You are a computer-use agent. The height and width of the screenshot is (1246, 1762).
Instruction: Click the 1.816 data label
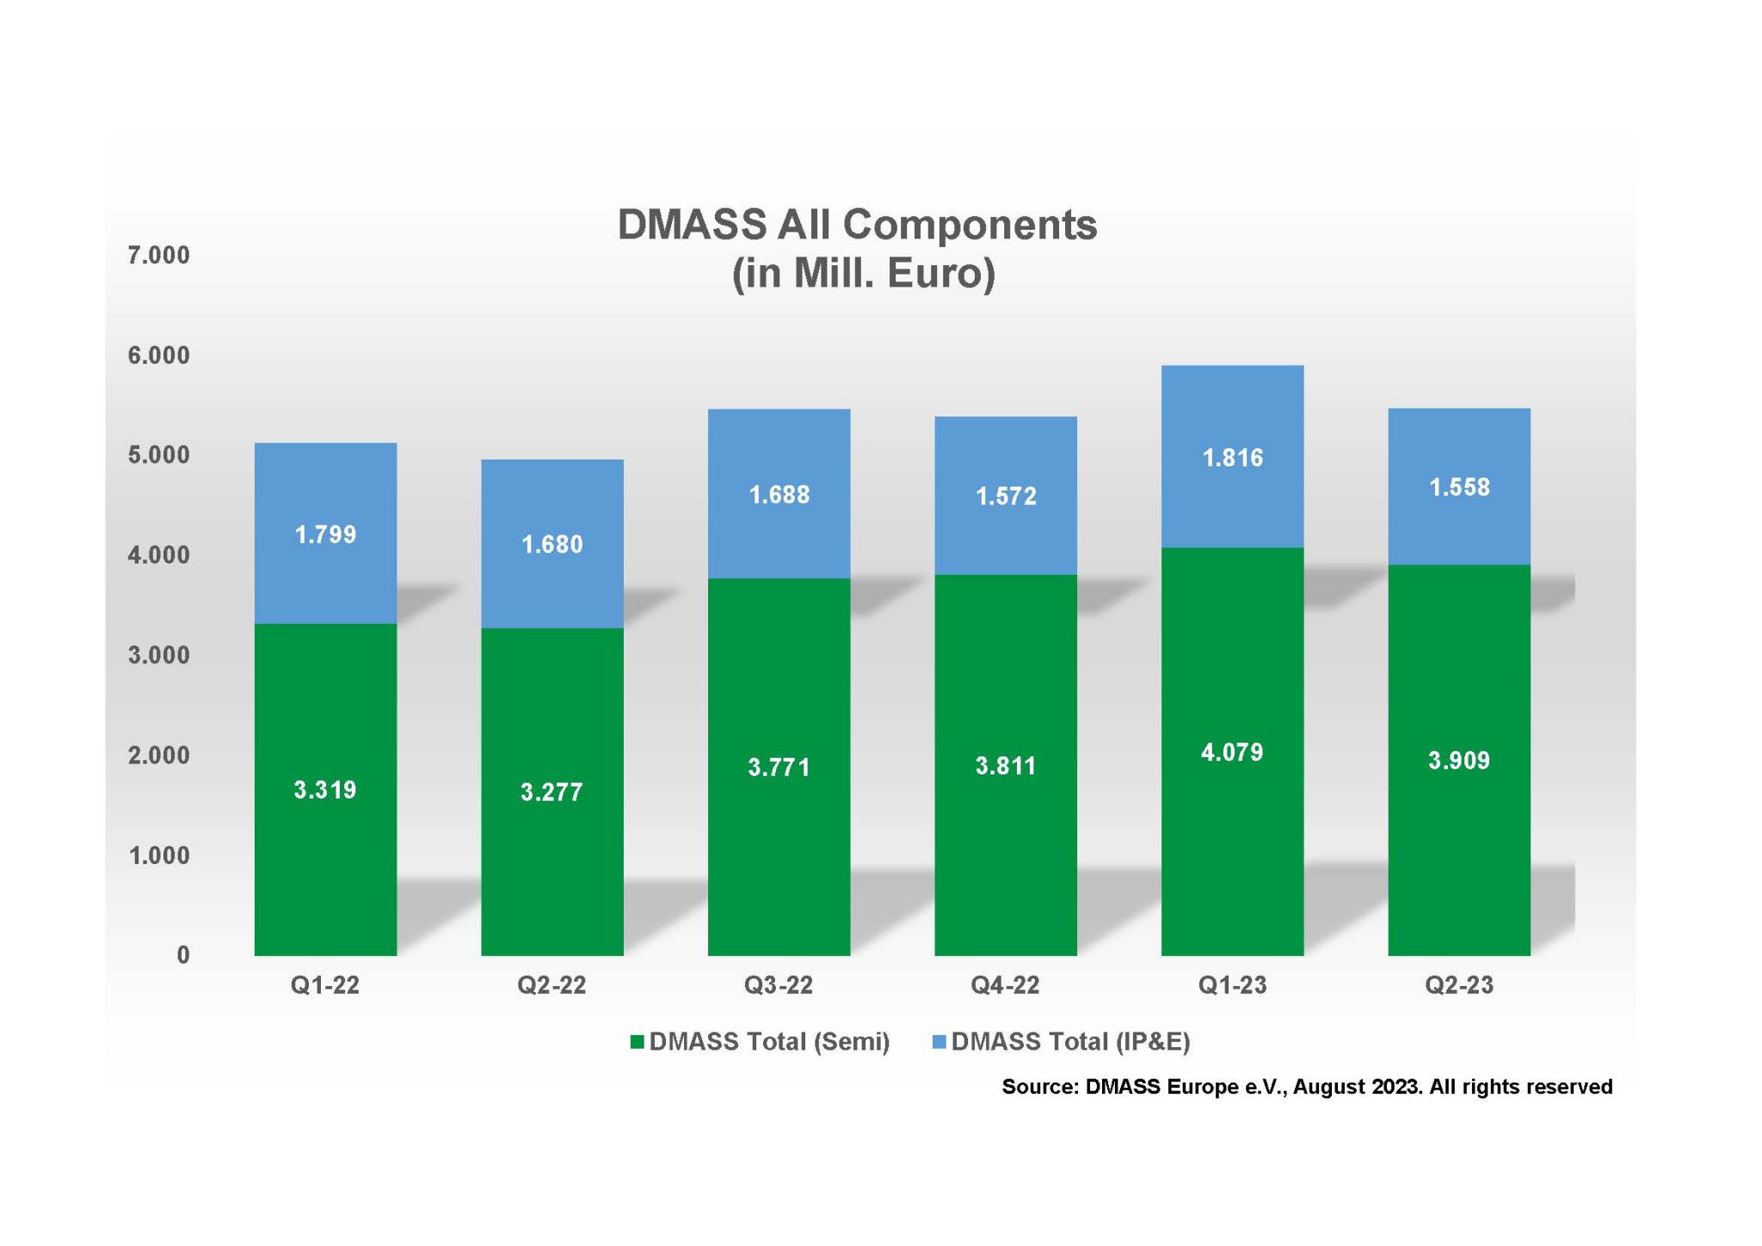pos(1232,458)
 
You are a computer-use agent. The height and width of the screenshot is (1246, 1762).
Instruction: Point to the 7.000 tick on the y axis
pos(158,256)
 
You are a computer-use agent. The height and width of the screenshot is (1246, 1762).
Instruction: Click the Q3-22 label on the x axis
pos(778,985)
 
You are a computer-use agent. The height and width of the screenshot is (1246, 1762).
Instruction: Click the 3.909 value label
pos(1458,761)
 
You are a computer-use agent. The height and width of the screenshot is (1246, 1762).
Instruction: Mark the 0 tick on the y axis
pos(182,955)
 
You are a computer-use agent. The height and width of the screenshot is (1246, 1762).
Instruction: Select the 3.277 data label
pos(551,793)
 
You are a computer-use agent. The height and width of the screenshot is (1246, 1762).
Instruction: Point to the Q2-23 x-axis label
pos(1458,985)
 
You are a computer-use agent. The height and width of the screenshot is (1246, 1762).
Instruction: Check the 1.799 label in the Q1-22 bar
pos(325,535)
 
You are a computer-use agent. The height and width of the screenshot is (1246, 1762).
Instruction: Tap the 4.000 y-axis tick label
pos(158,555)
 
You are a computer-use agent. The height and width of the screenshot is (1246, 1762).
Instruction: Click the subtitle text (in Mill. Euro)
pos(863,274)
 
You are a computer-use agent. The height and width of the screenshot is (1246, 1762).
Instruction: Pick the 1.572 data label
pos(1005,497)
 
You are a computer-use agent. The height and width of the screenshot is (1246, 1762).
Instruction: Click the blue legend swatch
pos(940,1042)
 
